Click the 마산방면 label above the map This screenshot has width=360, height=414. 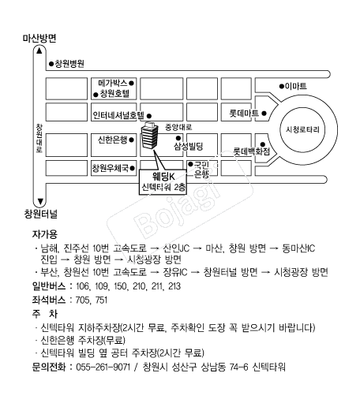pos(39,39)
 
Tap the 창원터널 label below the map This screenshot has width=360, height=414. pos(41,214)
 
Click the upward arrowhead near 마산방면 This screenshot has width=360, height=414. pos(39,50)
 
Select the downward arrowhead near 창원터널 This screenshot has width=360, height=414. pos(40,201)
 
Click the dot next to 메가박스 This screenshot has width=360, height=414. pos(131,83)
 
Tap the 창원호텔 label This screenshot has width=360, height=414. pos(114,94)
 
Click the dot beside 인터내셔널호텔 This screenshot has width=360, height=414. pos(149,116)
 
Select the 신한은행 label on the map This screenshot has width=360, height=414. pos(113,140)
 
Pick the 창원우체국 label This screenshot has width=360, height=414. pos(111,168)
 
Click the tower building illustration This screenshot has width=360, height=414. pos(149,135)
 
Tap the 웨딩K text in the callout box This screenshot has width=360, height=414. pos(163,177)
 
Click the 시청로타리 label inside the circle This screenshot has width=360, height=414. pos(302,129)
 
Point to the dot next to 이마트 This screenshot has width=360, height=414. pos(282,86)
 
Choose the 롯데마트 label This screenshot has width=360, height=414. pos(244,114)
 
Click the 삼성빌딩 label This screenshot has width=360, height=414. pos(189,146)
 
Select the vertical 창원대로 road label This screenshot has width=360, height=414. pos(39,138)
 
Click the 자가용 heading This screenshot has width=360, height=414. pos(45,234)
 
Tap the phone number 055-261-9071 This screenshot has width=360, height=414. pos(103,367)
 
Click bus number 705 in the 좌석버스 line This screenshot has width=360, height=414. pos(81,300)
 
